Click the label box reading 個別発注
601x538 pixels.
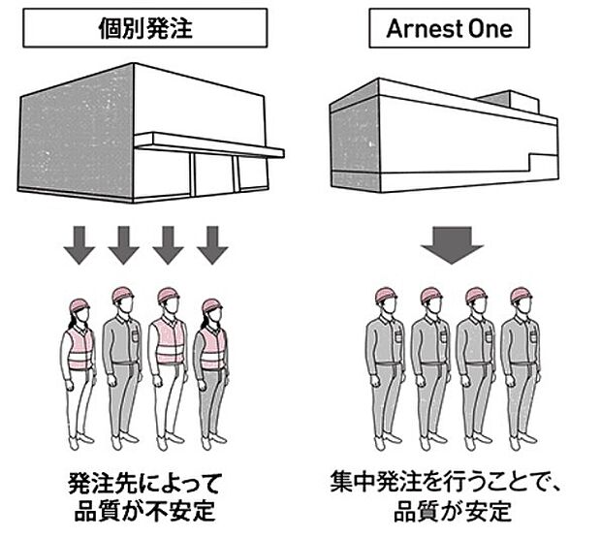click(145, 29)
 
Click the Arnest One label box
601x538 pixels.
click(450, 29)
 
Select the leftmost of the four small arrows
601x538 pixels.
click(80, 245)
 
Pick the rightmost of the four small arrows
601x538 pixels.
click(211, 245)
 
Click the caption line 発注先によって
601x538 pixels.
click(146, 482)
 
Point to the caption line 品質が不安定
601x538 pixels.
click(146, 511)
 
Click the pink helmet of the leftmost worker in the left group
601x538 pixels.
click(79, 305)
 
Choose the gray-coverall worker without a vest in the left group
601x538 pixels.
click(123, 368)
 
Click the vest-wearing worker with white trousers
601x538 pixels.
click(168, 368)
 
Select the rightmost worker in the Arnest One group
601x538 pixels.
click(521, 368)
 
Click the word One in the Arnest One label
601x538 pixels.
click(492, 29)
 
